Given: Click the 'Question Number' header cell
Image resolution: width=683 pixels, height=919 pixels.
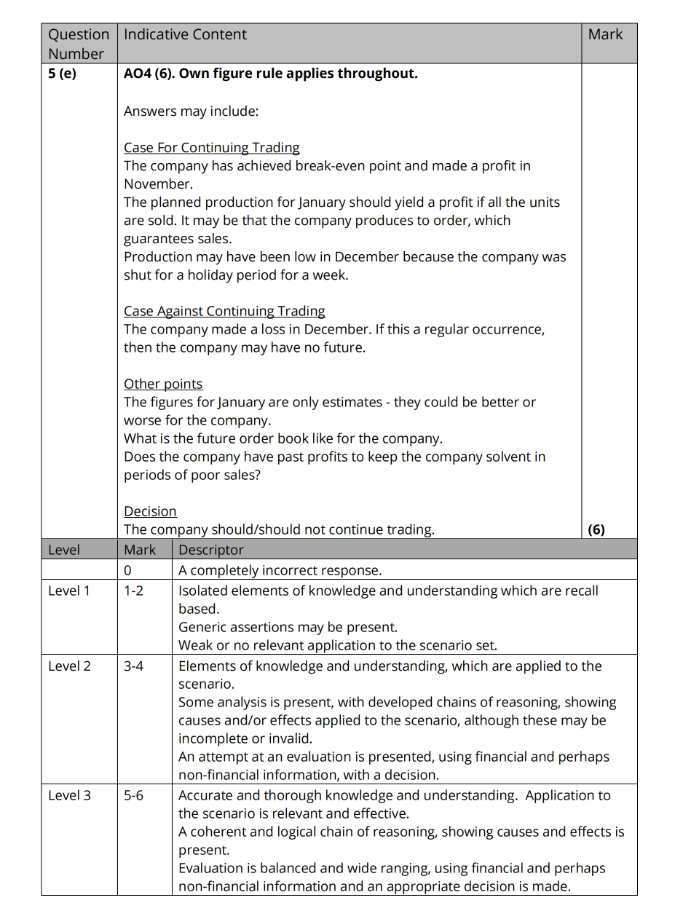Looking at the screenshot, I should tap(78, 44).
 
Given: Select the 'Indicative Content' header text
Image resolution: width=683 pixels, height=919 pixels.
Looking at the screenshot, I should tap(185, 34).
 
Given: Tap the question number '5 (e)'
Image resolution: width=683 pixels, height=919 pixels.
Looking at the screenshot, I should tap(62, 74).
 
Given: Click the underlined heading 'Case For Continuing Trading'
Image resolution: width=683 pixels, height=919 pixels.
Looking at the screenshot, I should tap(211, 148).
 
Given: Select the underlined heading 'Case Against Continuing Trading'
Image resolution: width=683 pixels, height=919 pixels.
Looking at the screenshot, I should tap(224, 311).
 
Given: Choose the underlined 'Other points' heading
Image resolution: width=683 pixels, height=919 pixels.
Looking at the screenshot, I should tap(163, 384).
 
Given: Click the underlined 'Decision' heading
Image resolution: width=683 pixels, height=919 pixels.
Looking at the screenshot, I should tap(150, 511).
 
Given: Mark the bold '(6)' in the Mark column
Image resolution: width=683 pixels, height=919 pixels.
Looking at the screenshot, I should tap(596, 529).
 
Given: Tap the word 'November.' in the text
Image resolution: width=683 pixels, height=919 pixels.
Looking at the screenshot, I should tap(158, 184).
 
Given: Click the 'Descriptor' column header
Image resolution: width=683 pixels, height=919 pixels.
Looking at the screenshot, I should tap(211, 550).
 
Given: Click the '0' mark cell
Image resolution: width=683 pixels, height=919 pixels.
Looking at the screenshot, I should tap(128, 570).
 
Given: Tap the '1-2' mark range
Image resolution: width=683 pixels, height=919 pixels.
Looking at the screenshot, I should tap(133, 591).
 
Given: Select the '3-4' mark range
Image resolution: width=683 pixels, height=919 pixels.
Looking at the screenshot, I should tap(133, 666).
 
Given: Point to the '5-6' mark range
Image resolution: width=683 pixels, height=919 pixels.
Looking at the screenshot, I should tap(133, 795).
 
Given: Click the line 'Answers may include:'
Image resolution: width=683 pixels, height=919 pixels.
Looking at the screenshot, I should tap(191, 111).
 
